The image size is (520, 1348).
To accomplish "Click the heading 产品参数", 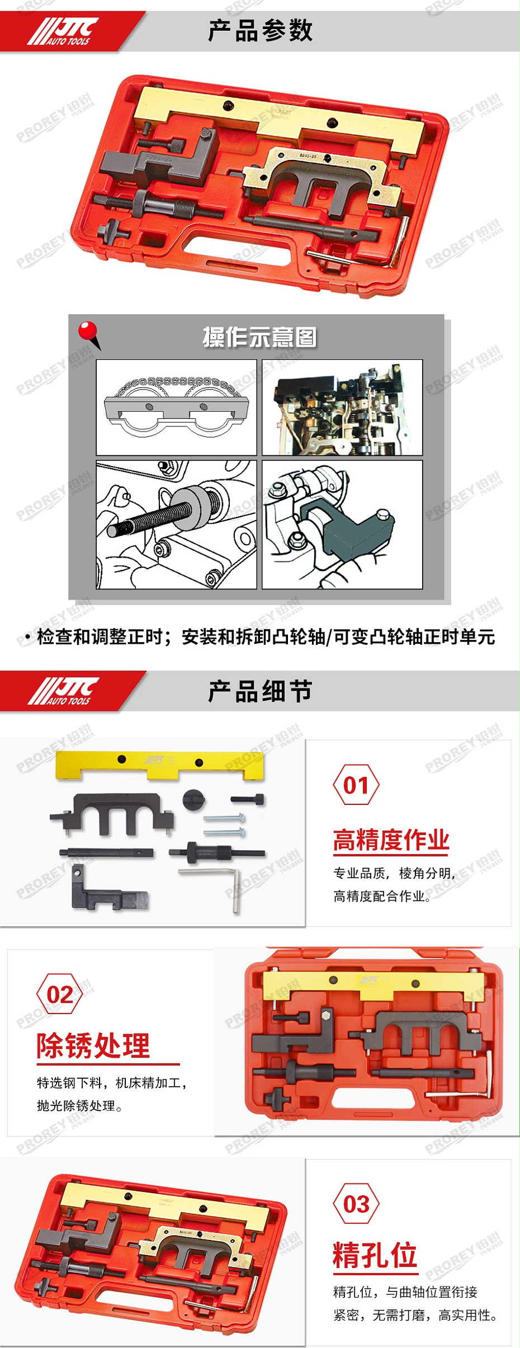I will [260, 31].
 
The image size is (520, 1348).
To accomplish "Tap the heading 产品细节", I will [260, 691].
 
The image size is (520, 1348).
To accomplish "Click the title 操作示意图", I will [259, 337].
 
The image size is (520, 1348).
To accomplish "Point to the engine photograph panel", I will [342, 407].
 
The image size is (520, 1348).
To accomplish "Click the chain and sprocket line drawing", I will [176, 407].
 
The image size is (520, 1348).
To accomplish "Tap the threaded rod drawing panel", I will [176, 525].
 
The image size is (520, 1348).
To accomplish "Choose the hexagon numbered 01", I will [356, 785].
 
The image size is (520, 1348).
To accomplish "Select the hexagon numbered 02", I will [59, 994].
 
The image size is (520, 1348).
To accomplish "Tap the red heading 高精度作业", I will [391, 840].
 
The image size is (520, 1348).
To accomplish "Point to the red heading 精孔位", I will [375, 1255].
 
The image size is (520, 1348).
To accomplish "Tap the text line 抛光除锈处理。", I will [79, 1106].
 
